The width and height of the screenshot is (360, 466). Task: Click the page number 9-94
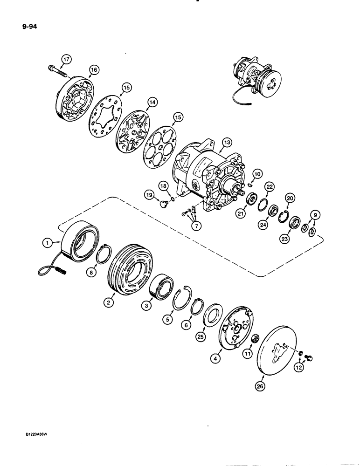pyautogui.click(x=27, y=27)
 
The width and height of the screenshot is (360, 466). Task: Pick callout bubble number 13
pyautogui.click(x=227, y=142)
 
